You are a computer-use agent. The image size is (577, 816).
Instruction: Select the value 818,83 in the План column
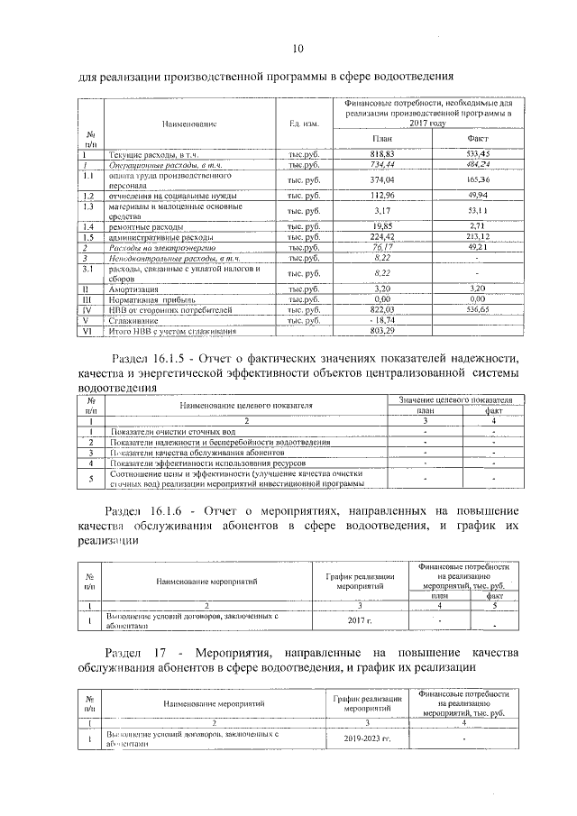pos(383,156)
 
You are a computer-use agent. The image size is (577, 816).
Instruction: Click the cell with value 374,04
pos(383,179)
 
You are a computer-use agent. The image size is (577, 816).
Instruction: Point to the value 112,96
pos(383,195)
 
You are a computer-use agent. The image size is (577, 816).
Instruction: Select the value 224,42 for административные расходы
pos(383,236)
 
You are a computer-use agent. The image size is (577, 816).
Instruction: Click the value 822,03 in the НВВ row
pos(383,309)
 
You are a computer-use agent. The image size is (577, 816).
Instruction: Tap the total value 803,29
pos(383,330)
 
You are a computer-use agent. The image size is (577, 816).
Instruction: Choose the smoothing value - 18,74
pos(382,319)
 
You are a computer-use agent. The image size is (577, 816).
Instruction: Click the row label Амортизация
pos(134,289)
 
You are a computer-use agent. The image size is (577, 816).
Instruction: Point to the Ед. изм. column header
pos(300,123)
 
